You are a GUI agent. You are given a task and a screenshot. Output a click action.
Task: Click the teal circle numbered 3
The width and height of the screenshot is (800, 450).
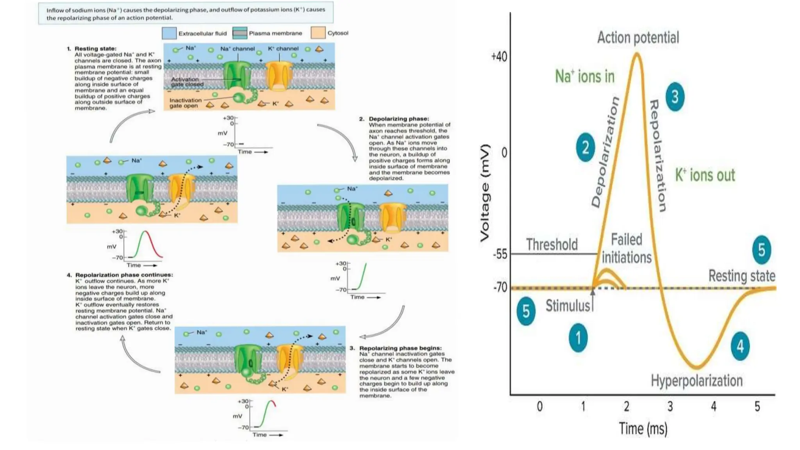pos(675,96)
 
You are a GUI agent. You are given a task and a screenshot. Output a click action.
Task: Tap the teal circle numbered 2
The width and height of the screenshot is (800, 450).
pos(585,148)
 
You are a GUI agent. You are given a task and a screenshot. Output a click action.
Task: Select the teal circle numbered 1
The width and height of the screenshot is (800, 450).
pos(578,337)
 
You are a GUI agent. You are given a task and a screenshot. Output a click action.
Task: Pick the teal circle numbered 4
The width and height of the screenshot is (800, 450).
pos(740,346)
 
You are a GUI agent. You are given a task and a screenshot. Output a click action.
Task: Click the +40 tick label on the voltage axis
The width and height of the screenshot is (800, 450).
pos(499,57)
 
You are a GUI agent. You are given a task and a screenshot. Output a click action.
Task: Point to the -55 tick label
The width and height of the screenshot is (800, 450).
pos(500,254)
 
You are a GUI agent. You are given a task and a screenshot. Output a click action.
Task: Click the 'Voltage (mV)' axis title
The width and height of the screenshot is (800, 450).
pos(485,193)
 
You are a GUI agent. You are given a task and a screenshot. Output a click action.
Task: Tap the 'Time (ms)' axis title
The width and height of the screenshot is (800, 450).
pos(643,429)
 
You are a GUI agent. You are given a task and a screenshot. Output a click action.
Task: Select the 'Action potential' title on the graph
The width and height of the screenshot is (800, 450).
pos(638,37)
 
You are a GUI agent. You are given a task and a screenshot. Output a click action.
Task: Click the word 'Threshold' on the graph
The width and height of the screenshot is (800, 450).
pos(552,245)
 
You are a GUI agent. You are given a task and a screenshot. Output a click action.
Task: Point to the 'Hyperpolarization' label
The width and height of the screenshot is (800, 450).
pos(696,380)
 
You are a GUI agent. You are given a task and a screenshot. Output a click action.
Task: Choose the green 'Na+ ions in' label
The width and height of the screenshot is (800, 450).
pos(584,76)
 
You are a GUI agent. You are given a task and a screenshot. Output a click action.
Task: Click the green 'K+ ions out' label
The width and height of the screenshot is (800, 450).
pos(705,175)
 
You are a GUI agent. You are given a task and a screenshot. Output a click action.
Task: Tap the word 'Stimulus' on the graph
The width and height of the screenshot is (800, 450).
pos(568,305)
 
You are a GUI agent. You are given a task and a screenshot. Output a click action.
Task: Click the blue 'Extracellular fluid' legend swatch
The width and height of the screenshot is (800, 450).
pos(169,33)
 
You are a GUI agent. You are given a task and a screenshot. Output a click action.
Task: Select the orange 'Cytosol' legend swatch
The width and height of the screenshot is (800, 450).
pos(318,33)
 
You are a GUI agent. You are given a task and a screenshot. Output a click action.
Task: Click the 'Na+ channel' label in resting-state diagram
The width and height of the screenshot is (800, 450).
pos(237,49)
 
